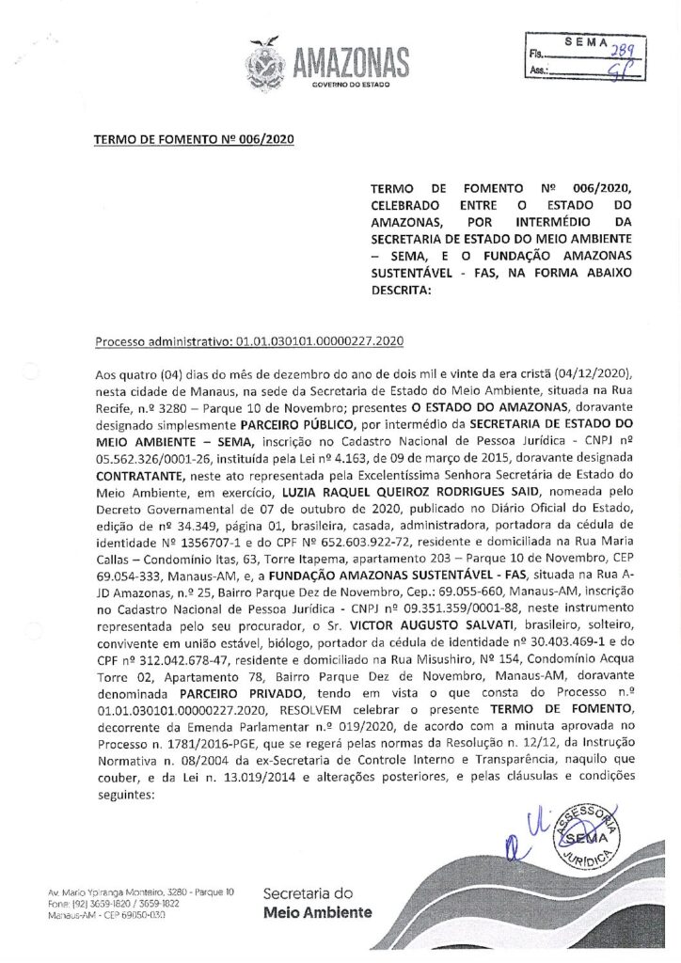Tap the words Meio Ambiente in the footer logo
click(x=318, y=912)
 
